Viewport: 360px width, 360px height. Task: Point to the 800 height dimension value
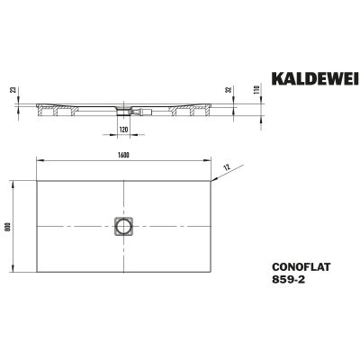click(x=7, y=226)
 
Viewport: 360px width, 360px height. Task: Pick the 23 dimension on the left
click(x=12, y=90)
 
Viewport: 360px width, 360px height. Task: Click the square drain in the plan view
click(x=123, y=226)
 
